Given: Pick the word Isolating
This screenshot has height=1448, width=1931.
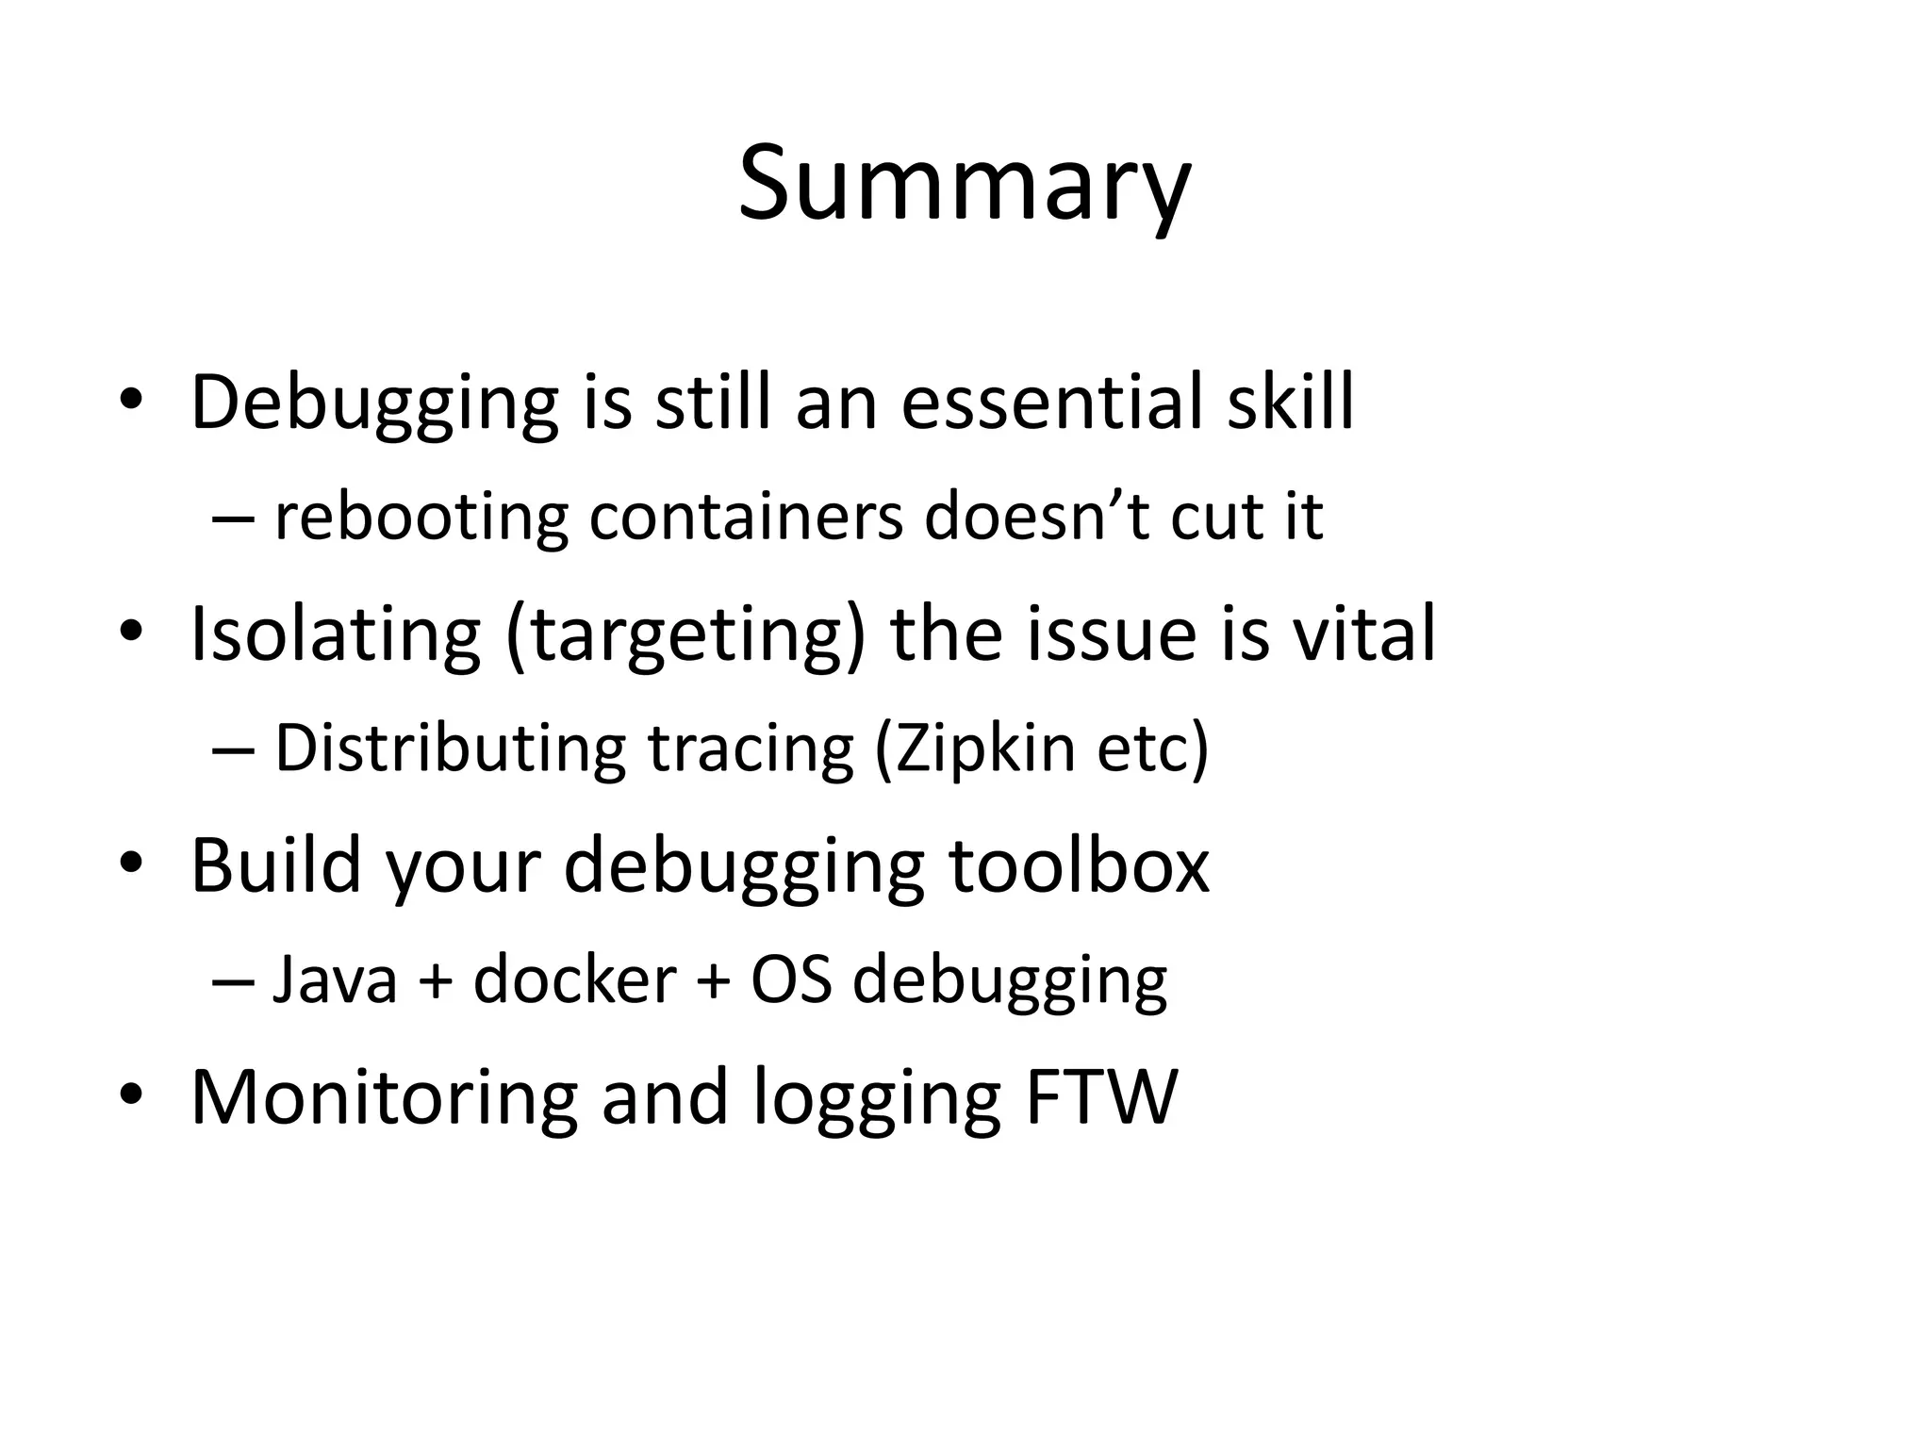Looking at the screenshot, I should coord(336,633).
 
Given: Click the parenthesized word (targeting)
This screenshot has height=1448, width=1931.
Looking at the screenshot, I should coord(685,635).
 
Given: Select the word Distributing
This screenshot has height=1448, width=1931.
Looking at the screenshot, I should coord(450,749).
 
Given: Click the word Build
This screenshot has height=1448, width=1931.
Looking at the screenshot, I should coord(276,865).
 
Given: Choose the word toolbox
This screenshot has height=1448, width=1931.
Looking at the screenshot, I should coord(1079,865).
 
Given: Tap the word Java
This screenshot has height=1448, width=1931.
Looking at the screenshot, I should coord(335,980).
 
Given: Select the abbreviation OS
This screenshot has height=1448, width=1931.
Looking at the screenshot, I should coord(791,980).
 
